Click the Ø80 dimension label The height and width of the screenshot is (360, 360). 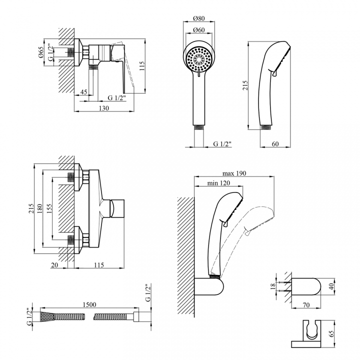(199, 18)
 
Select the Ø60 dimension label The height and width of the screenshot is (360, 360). (199, 30)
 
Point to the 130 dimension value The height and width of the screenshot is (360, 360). (104, 108)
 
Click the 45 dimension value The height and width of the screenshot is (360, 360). (84, 92)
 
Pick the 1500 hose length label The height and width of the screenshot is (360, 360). (89, 304)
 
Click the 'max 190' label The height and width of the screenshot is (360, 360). (234, 173)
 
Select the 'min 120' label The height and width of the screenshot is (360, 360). (218, 183)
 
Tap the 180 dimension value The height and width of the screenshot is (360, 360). (39, 208)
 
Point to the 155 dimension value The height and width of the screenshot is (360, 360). (49, 208)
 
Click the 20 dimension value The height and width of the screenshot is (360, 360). (54, 265)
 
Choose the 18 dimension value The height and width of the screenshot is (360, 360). (273, 286)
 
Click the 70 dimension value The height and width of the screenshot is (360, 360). (306, 305)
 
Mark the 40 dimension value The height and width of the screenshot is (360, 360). (331, 286)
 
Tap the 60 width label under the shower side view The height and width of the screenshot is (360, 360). (275, 144)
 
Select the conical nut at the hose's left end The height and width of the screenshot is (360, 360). (47, 317)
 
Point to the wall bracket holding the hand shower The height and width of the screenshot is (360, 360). (209, 287)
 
